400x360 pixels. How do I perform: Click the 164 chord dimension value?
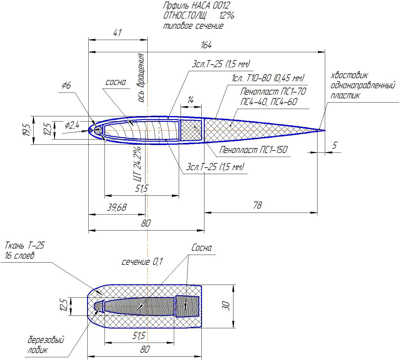coord(206,45)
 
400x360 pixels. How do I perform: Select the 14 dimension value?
coord(190,100)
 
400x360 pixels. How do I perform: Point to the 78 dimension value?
coord(257,205)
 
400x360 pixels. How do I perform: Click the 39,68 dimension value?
coord(117,208)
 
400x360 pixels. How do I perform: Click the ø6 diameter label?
coord(66,85)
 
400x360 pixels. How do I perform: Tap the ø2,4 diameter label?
coord(72,125)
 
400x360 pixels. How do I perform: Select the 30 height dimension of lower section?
coord(226,306)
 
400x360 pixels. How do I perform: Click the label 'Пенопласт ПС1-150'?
coord(253,150)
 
